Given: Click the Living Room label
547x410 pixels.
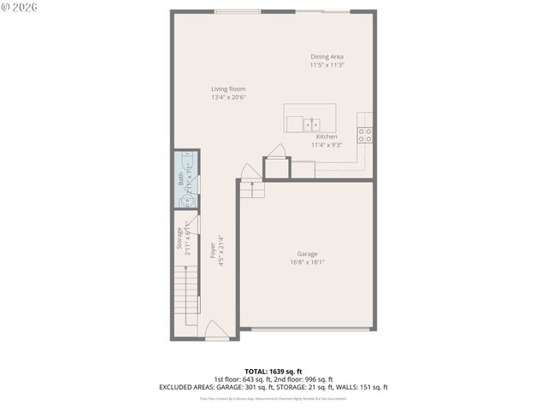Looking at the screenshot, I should pyautogui.click(x=228, y=89).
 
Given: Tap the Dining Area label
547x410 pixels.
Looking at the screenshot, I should pyautogui.click(x=326, y=57).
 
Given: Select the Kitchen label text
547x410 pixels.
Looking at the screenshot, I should pyautogui.click(x=326, y=137).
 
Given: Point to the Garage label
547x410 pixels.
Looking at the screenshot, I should pyautogui.click(x=307, y=254).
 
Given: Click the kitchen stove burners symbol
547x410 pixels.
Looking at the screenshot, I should pyautogui.click(x=365, y=134).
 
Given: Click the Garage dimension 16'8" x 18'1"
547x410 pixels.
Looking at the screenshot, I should pyautogui.click(x=307, y=262).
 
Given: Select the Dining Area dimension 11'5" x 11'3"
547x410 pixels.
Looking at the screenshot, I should pyautogui.click(x=326, y=66).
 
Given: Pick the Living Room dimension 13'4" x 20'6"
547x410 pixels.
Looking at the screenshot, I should pyautogui.click(x=228, y=97).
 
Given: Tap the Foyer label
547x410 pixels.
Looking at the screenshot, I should pyautogui.click(x=213, y=250).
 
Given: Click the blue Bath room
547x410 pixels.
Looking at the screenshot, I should pyautogui.click(x=186, y=180).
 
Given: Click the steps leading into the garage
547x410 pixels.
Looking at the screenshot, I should pyautogui.click(x=250, y=189).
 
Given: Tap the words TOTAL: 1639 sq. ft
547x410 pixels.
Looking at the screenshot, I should pyautogui.click(x=273, y=372).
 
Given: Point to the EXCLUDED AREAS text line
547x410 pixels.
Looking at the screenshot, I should pyautogui.click(x=273, y=387).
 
